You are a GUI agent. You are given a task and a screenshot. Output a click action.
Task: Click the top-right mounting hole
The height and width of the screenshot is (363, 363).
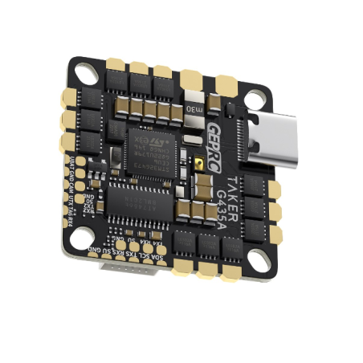[x=253, y=103]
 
